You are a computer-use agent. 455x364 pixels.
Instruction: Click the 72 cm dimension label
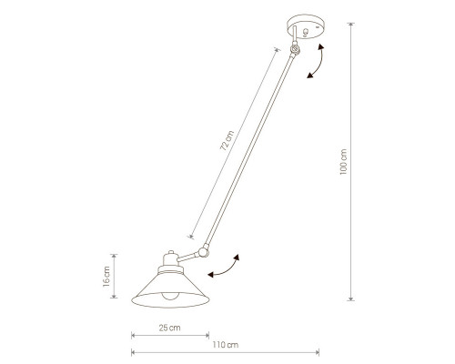(227, 140)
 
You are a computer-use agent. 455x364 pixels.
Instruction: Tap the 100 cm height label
(343, 162)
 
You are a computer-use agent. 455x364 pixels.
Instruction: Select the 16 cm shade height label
(106, 277)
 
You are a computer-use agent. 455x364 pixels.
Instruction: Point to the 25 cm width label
(169, 328)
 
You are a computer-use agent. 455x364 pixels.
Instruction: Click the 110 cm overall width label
(225, 345)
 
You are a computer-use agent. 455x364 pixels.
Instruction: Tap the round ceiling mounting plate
(306, 26)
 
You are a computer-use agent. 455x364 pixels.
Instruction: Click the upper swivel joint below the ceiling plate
(295, 49)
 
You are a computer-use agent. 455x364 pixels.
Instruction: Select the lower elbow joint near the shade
(203, 251)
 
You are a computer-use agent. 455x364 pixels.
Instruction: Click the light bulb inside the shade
(169, 296)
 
